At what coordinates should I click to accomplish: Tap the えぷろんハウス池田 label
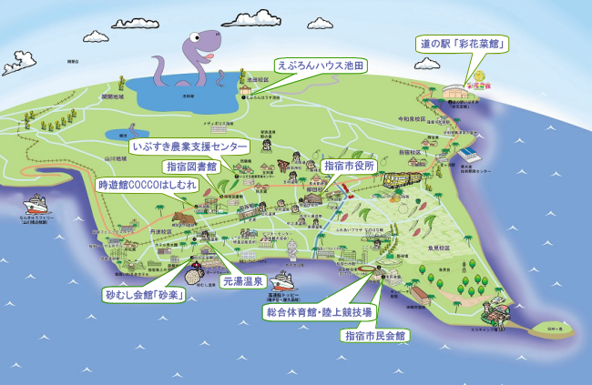coord(321,66)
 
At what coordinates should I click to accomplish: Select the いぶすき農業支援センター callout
coord(189,146)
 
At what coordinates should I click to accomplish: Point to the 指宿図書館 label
coord(190,167)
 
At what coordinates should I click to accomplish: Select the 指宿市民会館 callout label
coord(374,335)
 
